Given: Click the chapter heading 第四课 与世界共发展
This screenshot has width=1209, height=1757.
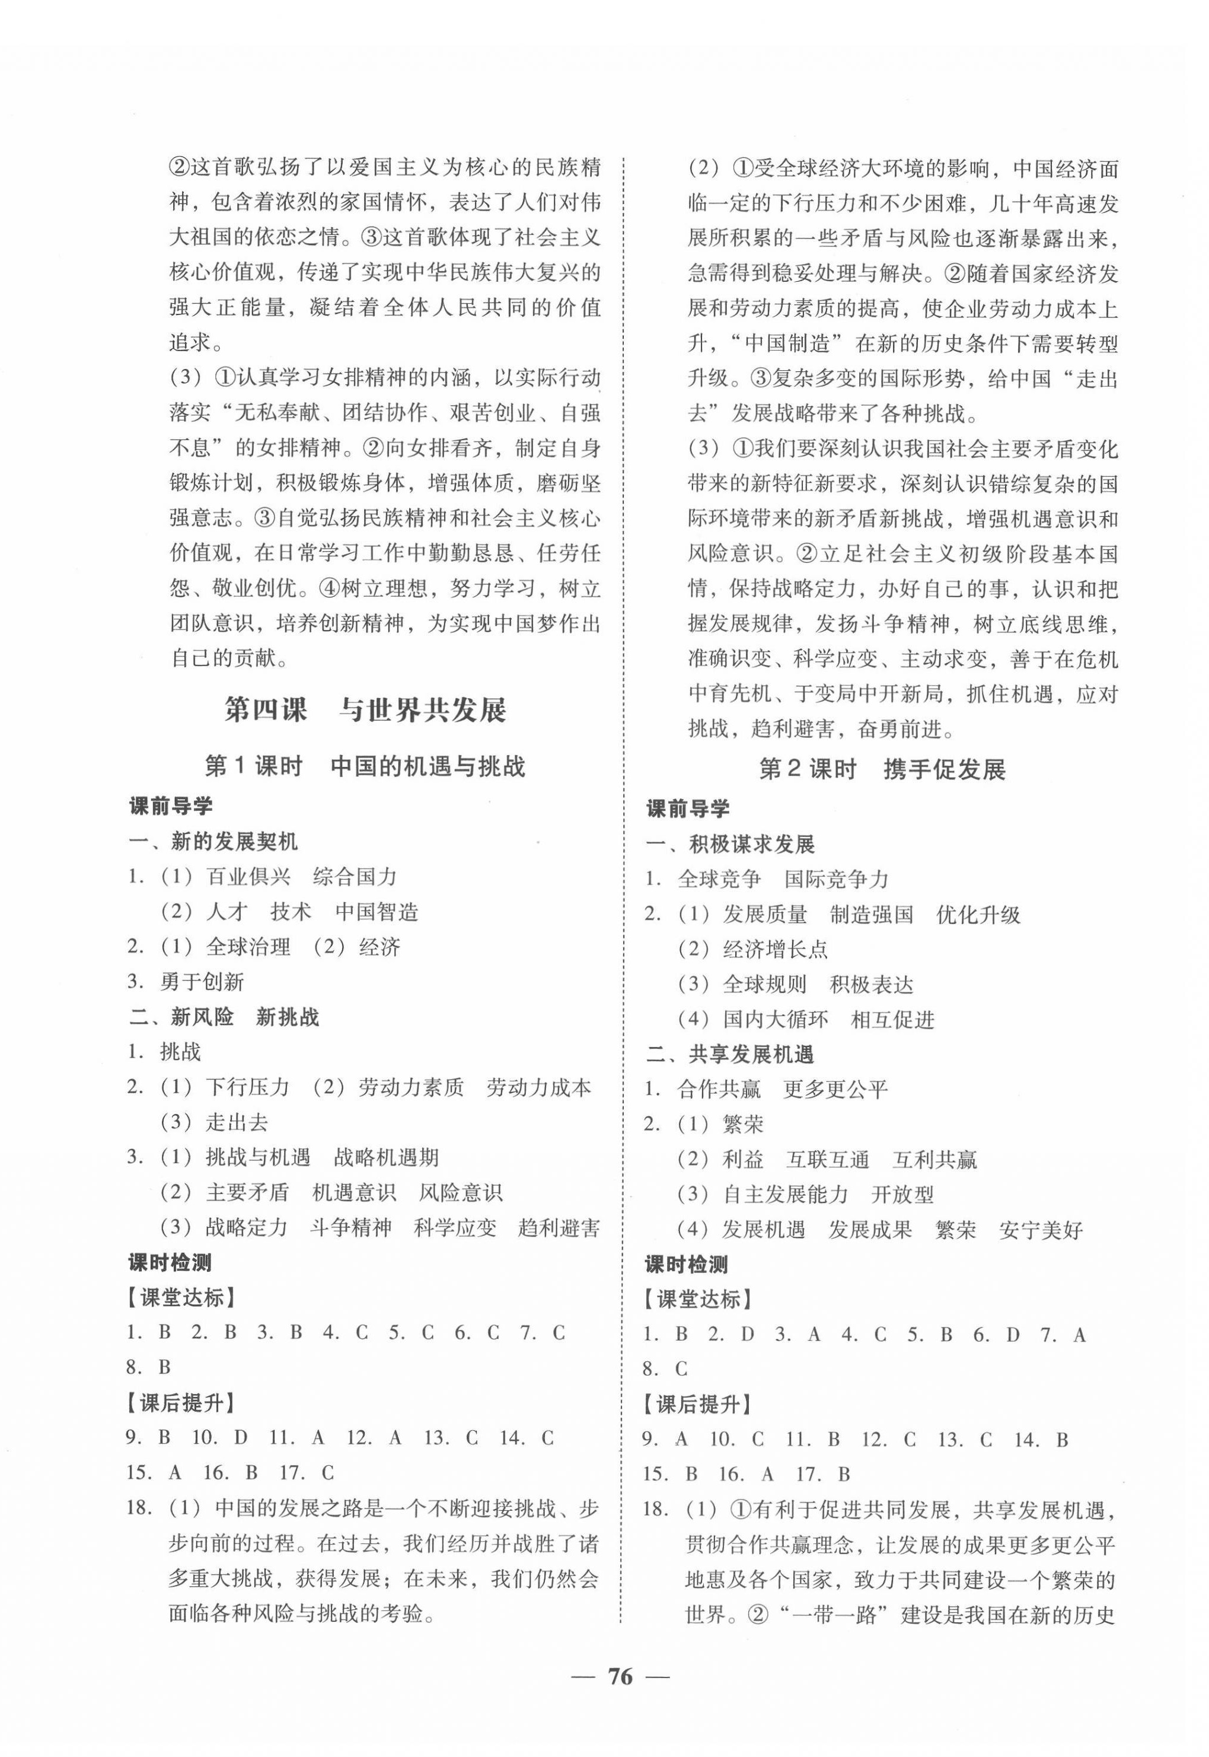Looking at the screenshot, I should [x=365, y=710].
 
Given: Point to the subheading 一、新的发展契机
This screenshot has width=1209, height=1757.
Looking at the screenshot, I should [x=213, y=841].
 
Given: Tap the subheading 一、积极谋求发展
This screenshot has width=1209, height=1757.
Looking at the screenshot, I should [x=729, y=844].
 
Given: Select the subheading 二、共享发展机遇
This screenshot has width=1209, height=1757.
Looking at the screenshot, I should [x=729, y=1054].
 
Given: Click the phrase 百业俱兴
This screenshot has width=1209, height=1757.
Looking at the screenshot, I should [x=248, y=877].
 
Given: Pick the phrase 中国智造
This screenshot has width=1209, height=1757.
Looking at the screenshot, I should [x=377, y=912].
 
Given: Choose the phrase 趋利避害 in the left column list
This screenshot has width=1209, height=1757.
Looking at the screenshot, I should [x=559, y=1227].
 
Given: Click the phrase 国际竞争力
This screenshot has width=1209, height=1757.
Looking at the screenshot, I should [x=835, y=879].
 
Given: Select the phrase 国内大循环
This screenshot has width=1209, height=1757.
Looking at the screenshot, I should [x=775, y=1019].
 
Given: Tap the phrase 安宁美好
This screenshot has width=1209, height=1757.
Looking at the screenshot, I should [x=1040, y=1230].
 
